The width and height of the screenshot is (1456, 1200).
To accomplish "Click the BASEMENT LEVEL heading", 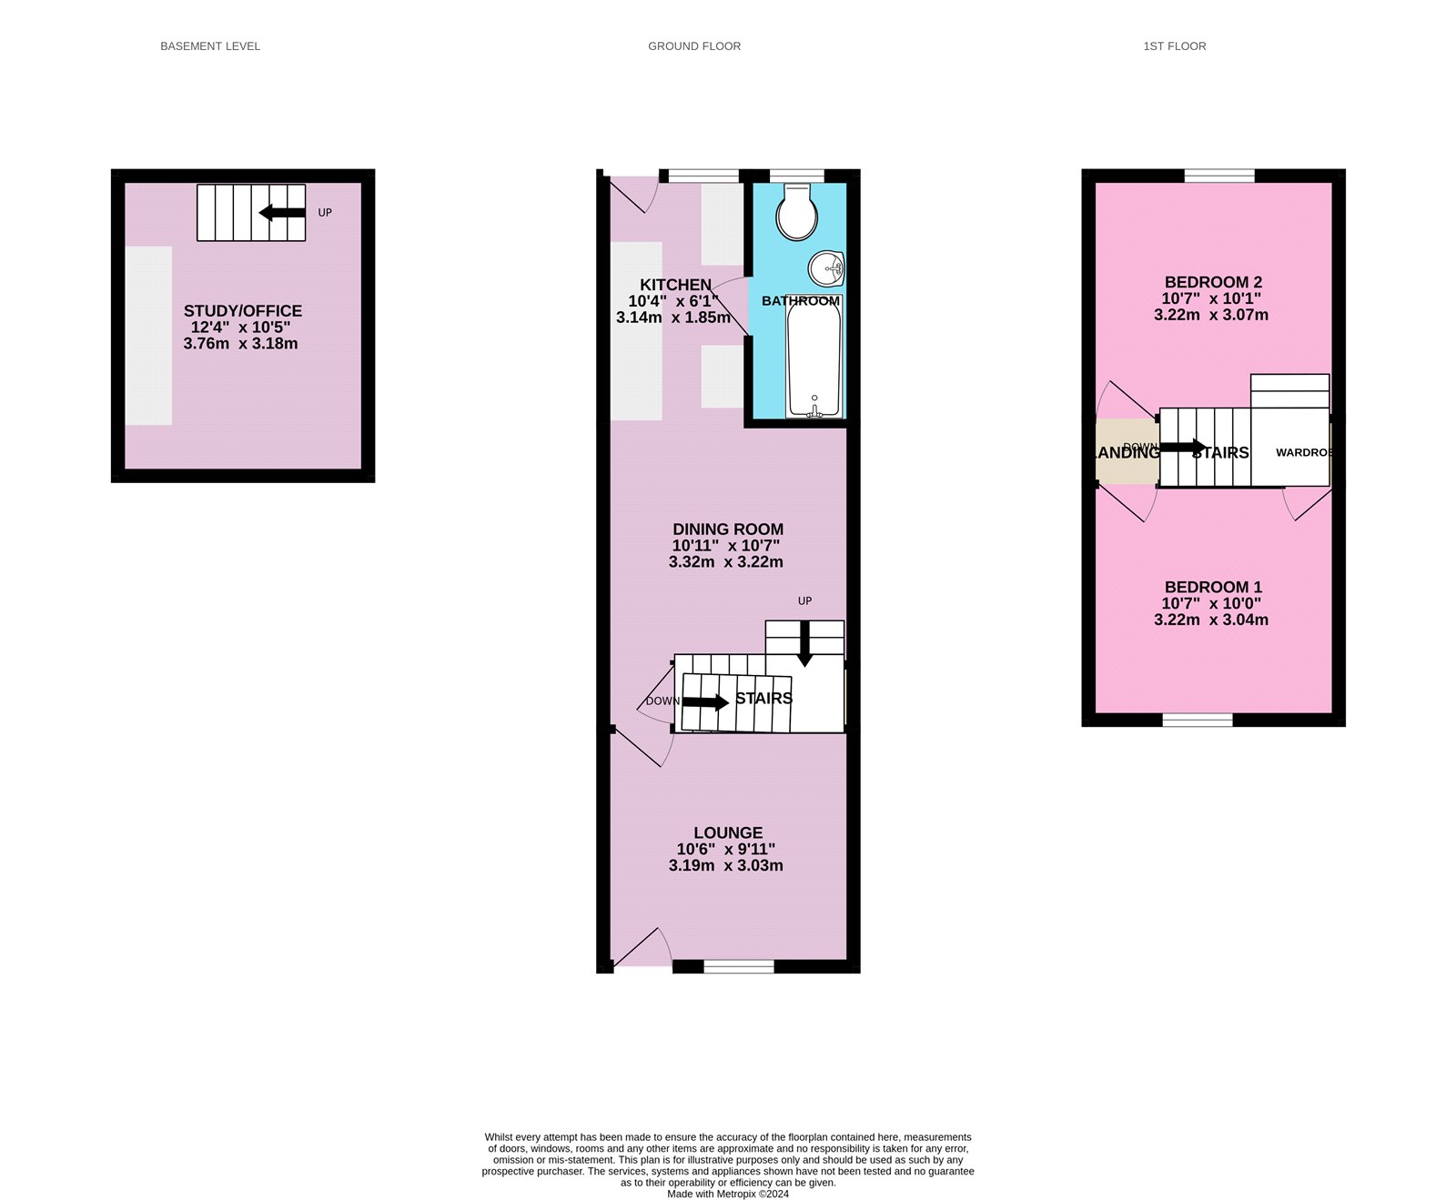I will point(210,46).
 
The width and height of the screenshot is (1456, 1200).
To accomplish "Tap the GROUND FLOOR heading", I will point(694,46).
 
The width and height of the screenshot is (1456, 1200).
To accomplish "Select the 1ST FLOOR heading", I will point(1175,46).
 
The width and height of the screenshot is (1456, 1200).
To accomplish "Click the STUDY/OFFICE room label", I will point(243,311).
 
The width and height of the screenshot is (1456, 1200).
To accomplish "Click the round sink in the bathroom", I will point(826,268).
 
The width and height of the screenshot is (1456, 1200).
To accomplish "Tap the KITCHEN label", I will point(675,285).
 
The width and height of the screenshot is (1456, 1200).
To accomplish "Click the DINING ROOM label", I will point(728,529).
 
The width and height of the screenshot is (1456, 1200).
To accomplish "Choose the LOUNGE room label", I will point(728,833).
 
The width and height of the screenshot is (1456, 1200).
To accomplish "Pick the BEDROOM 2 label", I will point(1213,282).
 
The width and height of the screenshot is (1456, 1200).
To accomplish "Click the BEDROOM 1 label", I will point(1213,588).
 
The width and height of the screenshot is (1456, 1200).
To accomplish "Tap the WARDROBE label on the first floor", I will point(1303,452).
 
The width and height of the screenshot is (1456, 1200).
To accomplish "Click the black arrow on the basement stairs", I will point(282,213).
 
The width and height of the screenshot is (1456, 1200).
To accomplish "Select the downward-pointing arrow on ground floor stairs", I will point(804,644).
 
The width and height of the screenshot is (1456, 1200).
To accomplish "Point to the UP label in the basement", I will point(325,213).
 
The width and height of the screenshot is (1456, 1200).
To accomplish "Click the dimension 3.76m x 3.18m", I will point(241,344).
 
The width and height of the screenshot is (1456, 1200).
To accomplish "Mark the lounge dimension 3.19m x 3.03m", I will point(726,866).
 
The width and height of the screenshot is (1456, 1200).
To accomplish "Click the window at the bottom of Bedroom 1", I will point(1198,720).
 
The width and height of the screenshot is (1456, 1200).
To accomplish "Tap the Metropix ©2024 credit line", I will point(728,1194).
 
